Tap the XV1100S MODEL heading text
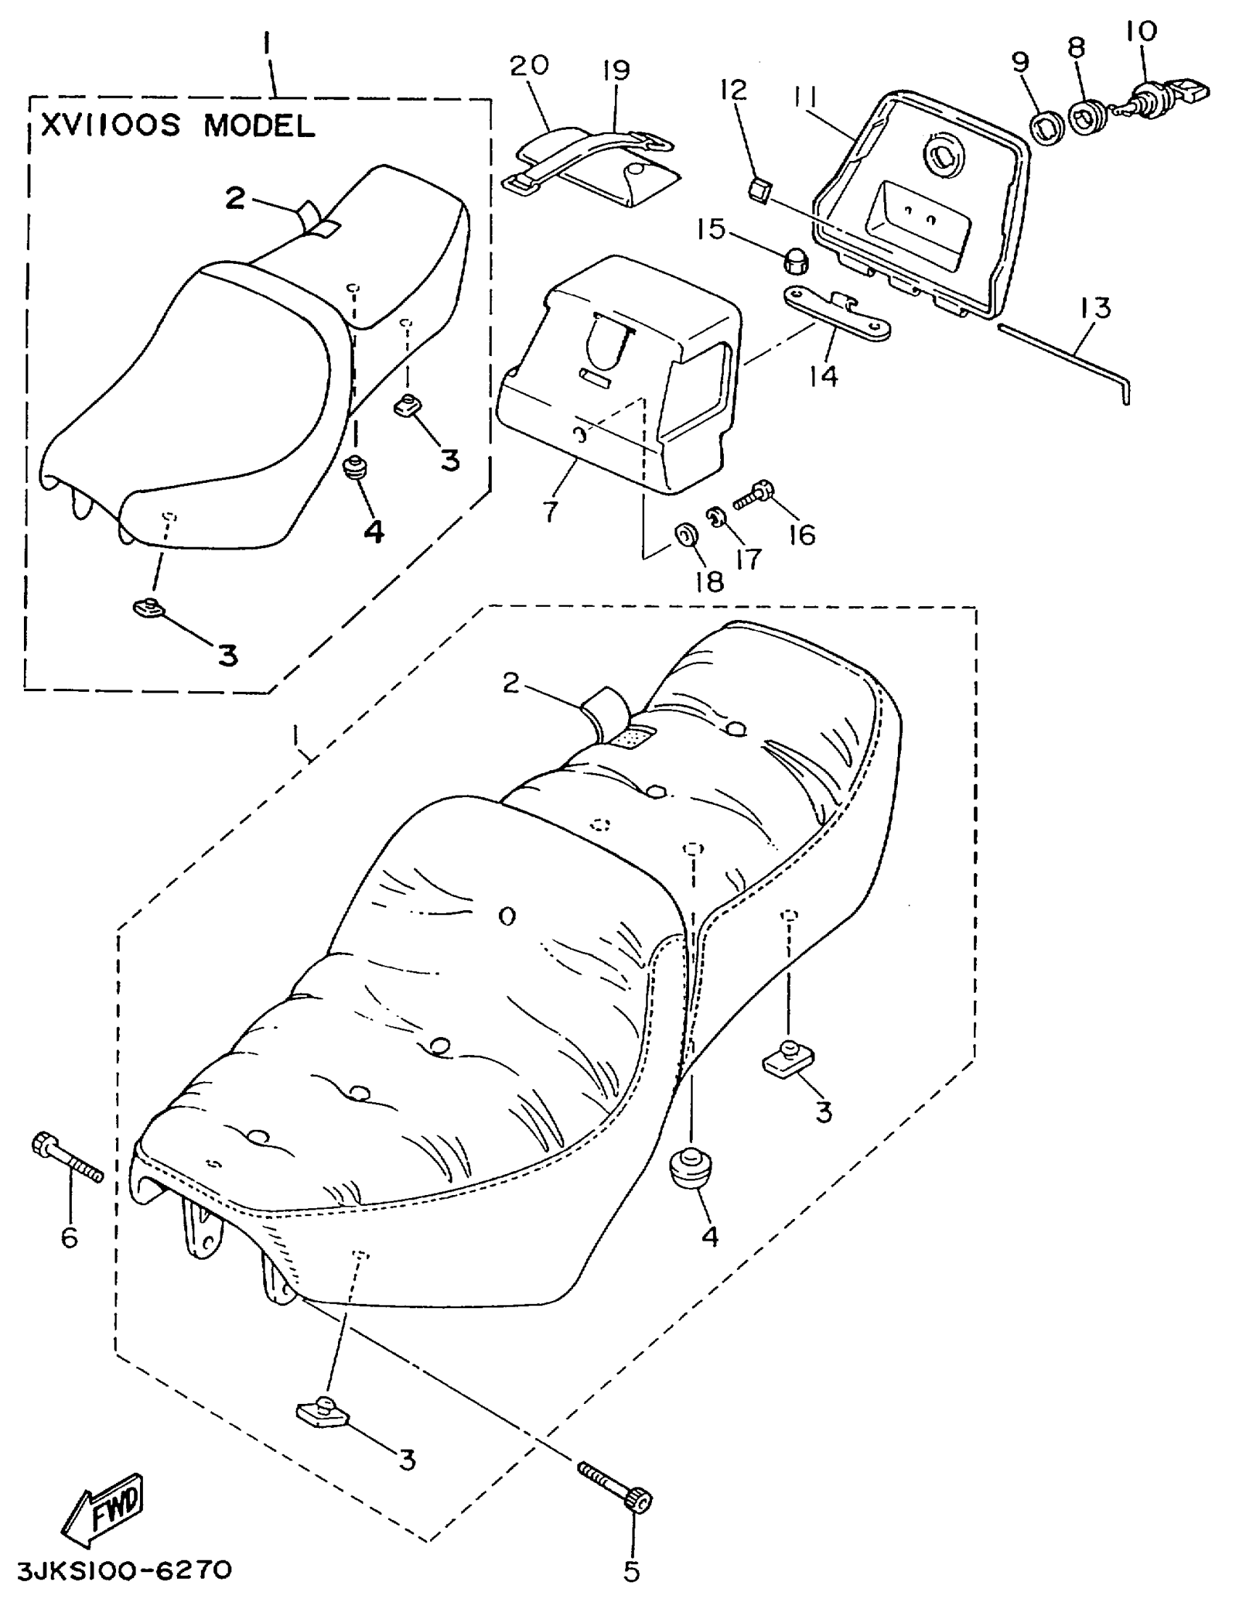[178, 126]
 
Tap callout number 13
[1094, 307]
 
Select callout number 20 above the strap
[529, 65]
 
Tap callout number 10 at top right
[1141, 31]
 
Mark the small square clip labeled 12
[759, 193]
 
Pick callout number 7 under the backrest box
[550, 511]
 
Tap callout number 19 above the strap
[616, 70]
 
